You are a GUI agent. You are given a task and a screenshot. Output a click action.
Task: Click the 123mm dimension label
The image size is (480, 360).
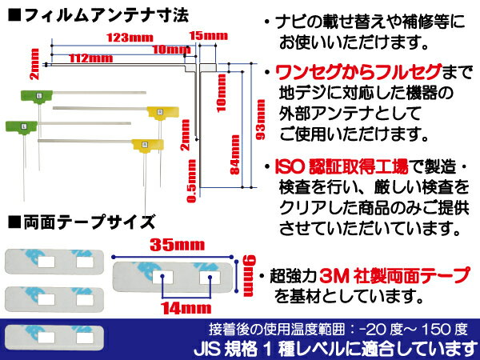point(130,38)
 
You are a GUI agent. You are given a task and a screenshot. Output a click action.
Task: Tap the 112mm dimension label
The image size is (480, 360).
point(91,58)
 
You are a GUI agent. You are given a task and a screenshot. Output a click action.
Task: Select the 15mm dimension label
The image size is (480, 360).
point(209,36)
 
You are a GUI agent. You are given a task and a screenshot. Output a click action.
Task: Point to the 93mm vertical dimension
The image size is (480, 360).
point(261,119)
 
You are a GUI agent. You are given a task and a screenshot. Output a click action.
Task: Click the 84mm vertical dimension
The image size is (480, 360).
point(234,154)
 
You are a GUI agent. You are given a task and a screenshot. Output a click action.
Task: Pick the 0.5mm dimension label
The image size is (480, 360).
point(192,181)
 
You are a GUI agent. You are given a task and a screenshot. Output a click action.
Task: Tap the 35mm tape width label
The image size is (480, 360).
point(178,245)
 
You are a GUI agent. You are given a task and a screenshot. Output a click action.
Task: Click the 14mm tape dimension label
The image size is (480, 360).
point(186,308)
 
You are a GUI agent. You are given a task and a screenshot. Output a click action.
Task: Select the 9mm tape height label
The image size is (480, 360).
point(249,275)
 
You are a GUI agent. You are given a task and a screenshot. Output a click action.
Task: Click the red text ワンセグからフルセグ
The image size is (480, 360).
point(358,72)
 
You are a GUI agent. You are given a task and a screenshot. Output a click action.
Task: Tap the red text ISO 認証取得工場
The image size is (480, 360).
point(342,167)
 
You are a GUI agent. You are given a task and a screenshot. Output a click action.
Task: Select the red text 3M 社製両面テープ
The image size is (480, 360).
point(394,275)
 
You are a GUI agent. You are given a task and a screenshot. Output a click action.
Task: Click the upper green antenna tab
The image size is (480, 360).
point(37,96)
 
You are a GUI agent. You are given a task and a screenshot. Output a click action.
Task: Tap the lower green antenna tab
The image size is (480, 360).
point(22,126)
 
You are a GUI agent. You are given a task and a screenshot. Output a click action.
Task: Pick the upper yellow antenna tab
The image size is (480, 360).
point(163,112)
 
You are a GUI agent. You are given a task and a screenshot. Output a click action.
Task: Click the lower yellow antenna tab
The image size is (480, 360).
point(147,145)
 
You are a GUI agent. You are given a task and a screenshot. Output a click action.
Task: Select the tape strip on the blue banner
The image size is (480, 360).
point(54,338)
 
